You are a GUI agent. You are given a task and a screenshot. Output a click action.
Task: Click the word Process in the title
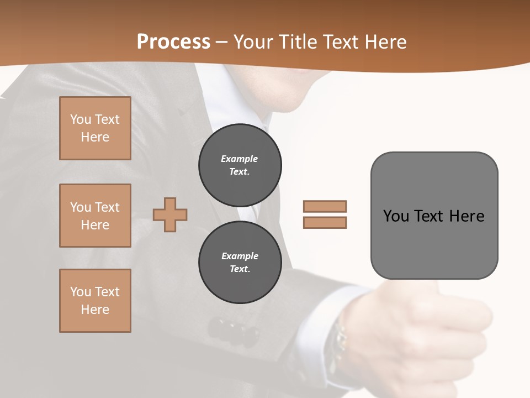pos(173,42)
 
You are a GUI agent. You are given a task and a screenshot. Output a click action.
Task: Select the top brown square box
pos(95,128)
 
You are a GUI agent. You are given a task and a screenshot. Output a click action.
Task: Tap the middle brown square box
pos(95,216)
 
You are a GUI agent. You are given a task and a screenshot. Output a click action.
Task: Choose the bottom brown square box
pos(95,301)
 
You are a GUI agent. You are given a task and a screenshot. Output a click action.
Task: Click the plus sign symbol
pos(170,214)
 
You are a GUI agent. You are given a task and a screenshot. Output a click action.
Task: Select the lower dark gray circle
pos(240,263)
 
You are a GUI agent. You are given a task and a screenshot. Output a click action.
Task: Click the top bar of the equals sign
pos(325,207)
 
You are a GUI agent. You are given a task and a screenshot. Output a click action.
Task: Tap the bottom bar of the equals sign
pos(325,223)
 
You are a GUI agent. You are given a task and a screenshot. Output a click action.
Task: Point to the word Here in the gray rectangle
pos(467,216)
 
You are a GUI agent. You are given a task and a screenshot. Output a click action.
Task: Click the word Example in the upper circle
pos(240,159)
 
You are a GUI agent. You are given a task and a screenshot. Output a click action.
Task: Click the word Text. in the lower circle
pos(240,269)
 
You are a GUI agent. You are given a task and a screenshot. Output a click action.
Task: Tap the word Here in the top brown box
pos(95,137)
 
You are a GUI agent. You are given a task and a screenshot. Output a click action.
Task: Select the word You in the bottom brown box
pos(81,292)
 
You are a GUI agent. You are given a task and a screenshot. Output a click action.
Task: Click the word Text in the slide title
pos(342,42)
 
